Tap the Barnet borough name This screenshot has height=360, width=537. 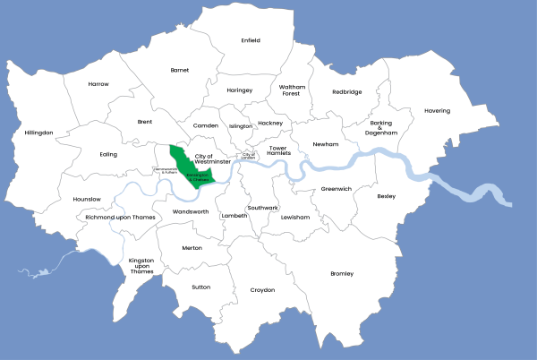pos(180,69)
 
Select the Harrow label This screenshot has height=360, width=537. pos(98,84)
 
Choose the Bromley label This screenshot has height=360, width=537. pos(342,273)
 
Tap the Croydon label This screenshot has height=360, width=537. pos(262,289)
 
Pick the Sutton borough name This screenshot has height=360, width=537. pos(201,287)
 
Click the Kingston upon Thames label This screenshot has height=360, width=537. pos(141,266)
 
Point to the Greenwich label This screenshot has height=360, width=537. pos(337,189)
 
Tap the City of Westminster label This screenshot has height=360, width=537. pos(209,159)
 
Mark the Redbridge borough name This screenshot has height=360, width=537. pos(347,91)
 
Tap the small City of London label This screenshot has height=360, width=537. pos(248,156)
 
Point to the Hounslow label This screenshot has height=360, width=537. pos(88,199)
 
